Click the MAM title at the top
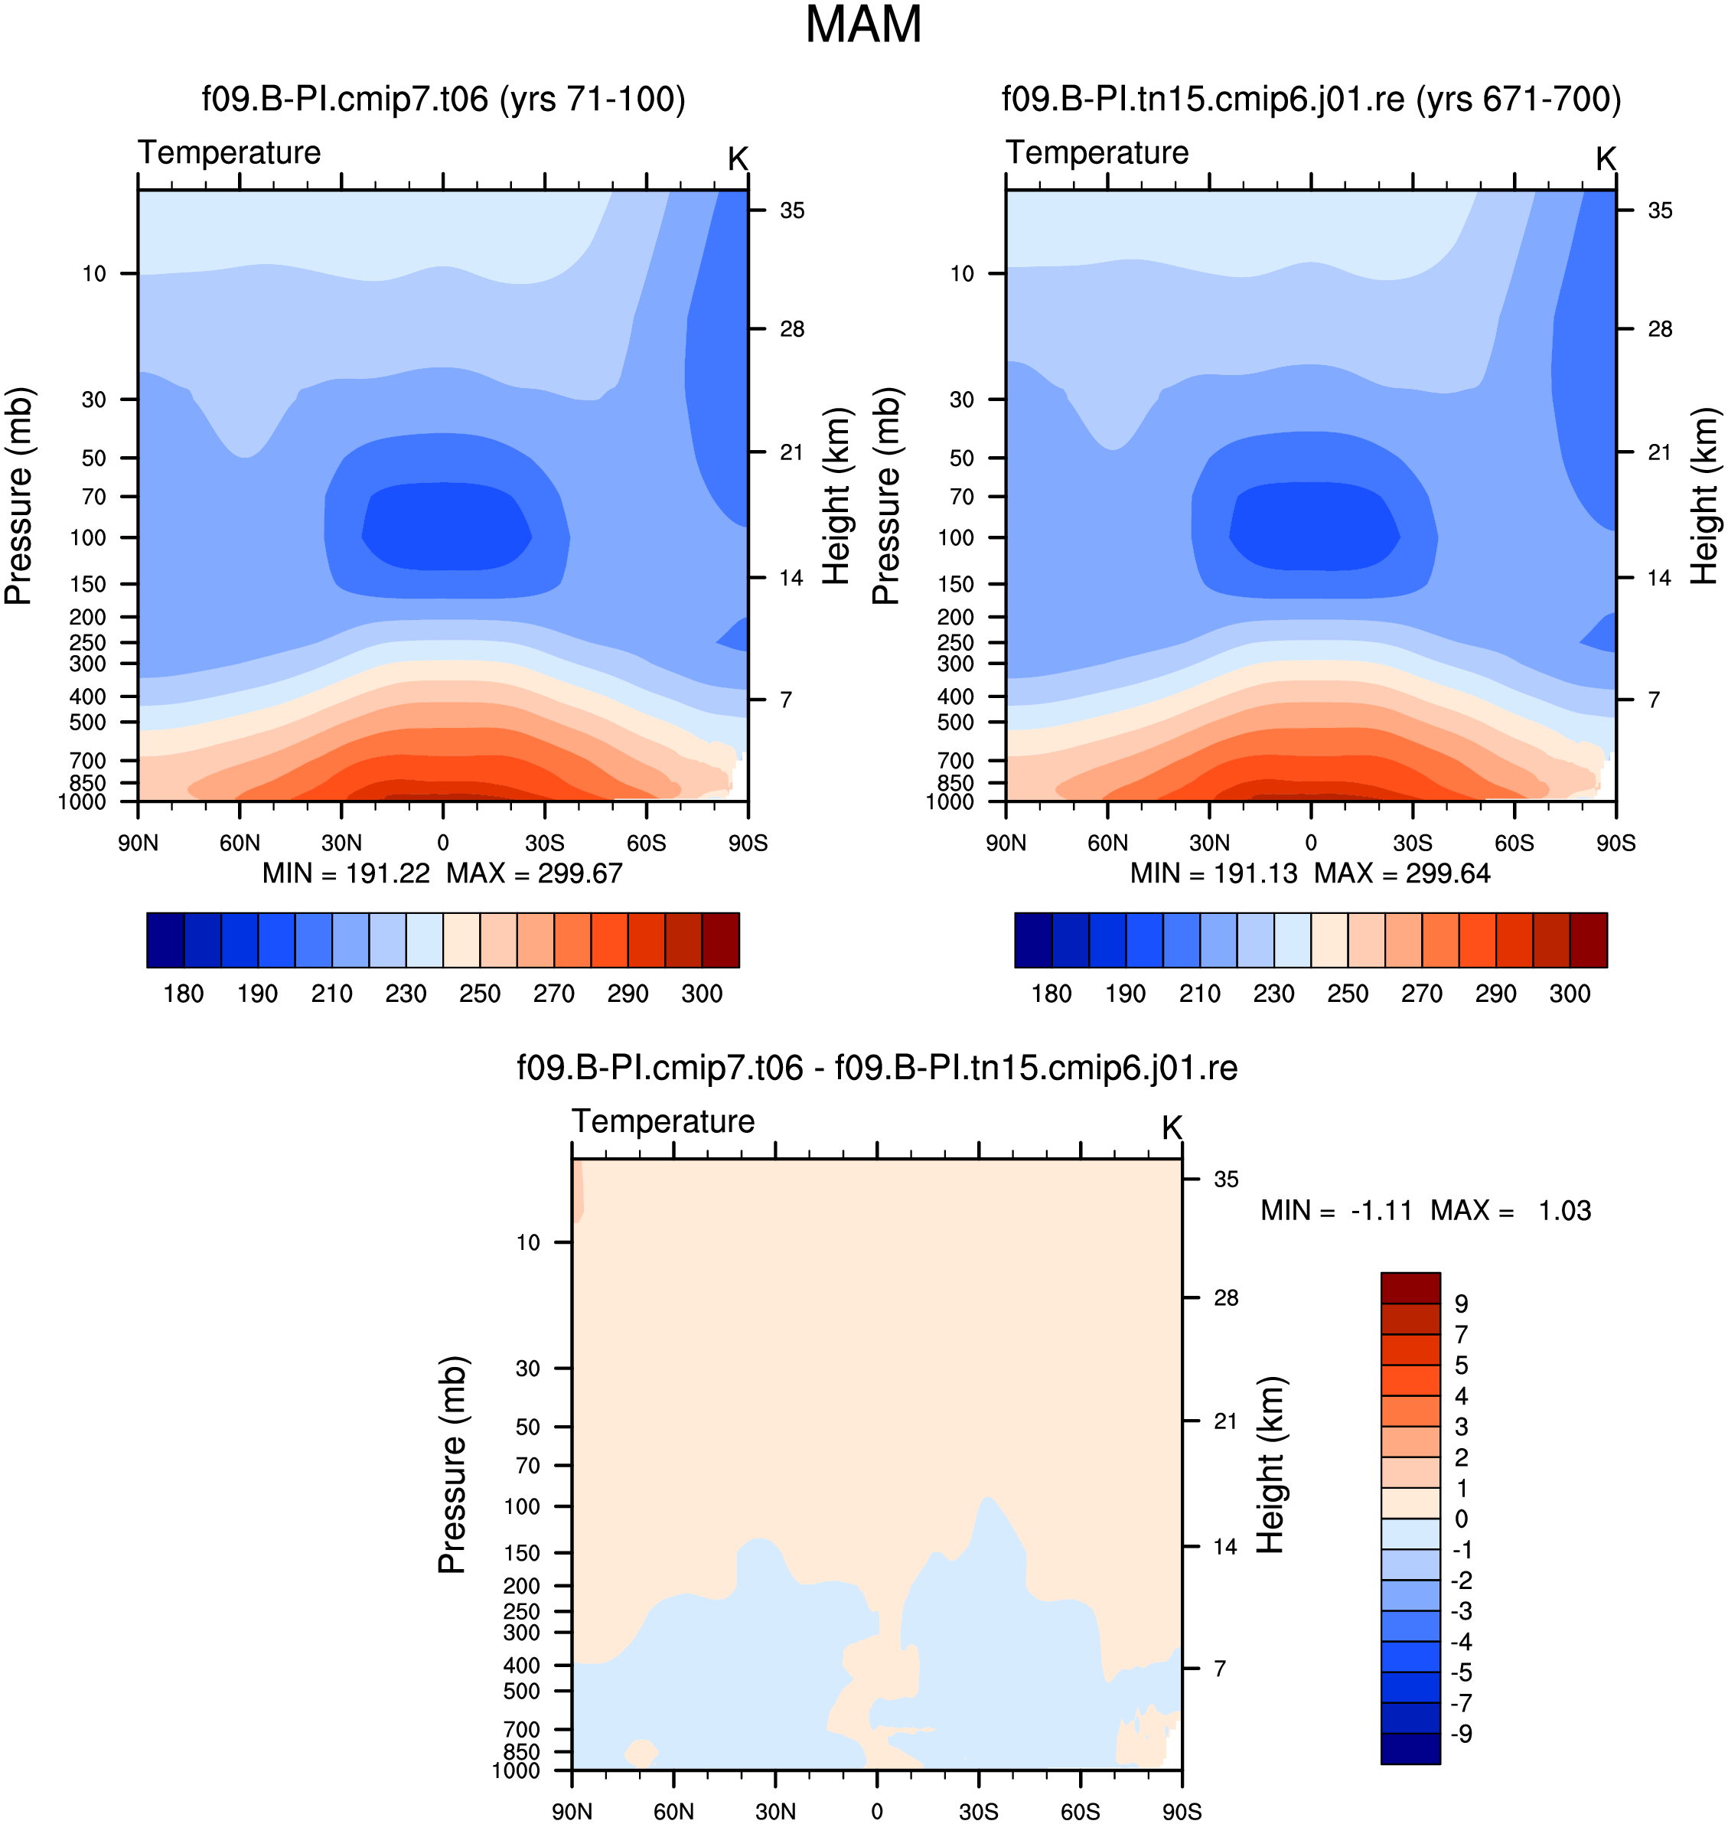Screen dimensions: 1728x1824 coord(863,24)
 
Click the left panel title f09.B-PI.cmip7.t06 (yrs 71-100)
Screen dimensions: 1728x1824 coord(443,100)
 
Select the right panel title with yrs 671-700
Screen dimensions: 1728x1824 coord(1311,100)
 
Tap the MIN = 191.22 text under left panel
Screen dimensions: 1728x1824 coord(347,873)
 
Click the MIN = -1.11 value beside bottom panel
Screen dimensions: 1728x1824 coord(1336,1210)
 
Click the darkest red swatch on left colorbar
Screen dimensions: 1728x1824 coord(720,941)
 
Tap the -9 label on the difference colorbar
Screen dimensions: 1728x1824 coord(1462,1734)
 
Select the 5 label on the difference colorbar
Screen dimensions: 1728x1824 coord(1462,1366)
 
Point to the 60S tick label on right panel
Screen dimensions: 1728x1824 coord(1514,843)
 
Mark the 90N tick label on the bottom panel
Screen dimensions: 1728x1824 coord(572,1812)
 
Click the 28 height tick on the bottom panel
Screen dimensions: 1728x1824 coord(1226,1298)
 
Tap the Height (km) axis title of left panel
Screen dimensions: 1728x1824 coord(836,497)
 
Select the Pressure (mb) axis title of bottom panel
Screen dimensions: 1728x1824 coord(452,1465)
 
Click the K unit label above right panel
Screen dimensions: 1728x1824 coord(1606,159)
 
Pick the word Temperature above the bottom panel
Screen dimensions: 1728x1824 coord(663,1121)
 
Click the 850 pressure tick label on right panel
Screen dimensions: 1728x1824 coord(955,783)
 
